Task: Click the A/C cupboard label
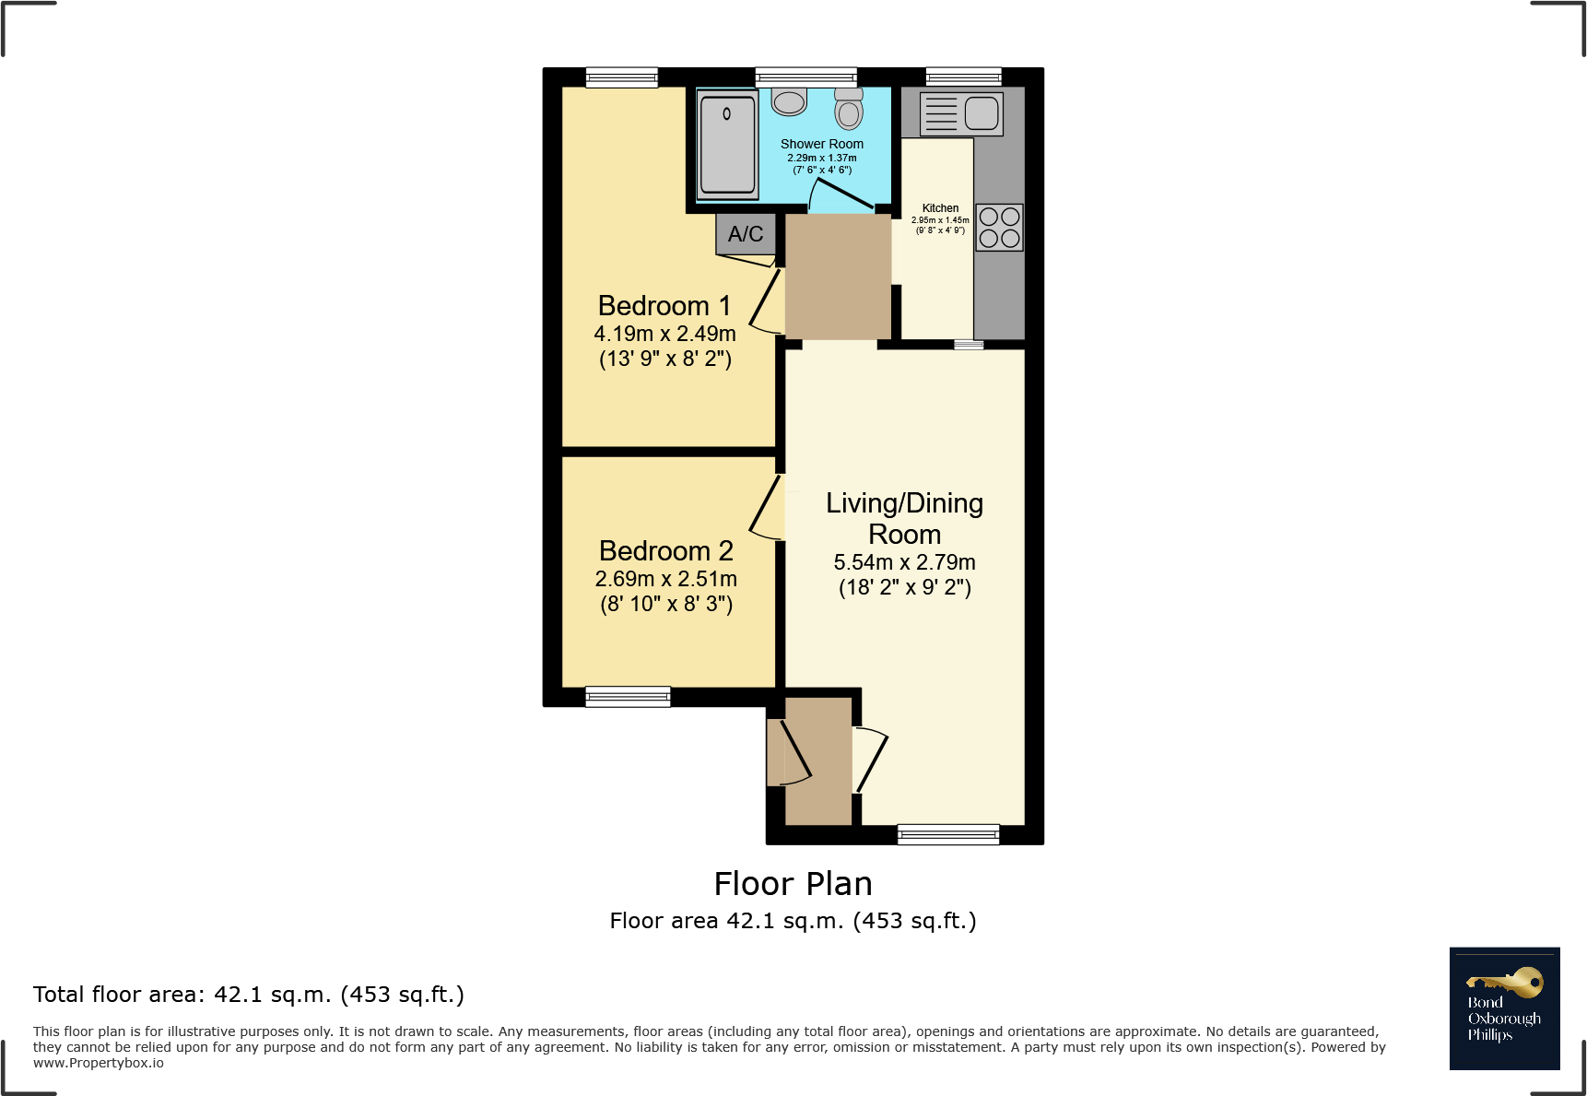click(x=746, y=234)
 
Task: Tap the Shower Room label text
click(x=821, y=144)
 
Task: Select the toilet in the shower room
click(x=849, y=109)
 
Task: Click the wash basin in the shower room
click(x=789, y=101)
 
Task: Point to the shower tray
click(x=727, y=145)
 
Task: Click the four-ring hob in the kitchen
click(x=999, y=228)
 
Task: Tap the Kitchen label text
click(x=940, y=208)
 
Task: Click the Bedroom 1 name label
click(x=664, y=306)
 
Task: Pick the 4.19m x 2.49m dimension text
click(x=664, y=334)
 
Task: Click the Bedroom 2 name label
click(x=665, y=551)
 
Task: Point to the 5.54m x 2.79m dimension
click(x=904, y=562)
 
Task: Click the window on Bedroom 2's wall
click(x=628, y=697)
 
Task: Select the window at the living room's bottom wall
click(x=948, y=834)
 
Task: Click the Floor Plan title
click(x=793, y=884)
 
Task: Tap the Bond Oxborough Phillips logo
click(x=1504, y=1008)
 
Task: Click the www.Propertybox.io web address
click(x=99, y=1064)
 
